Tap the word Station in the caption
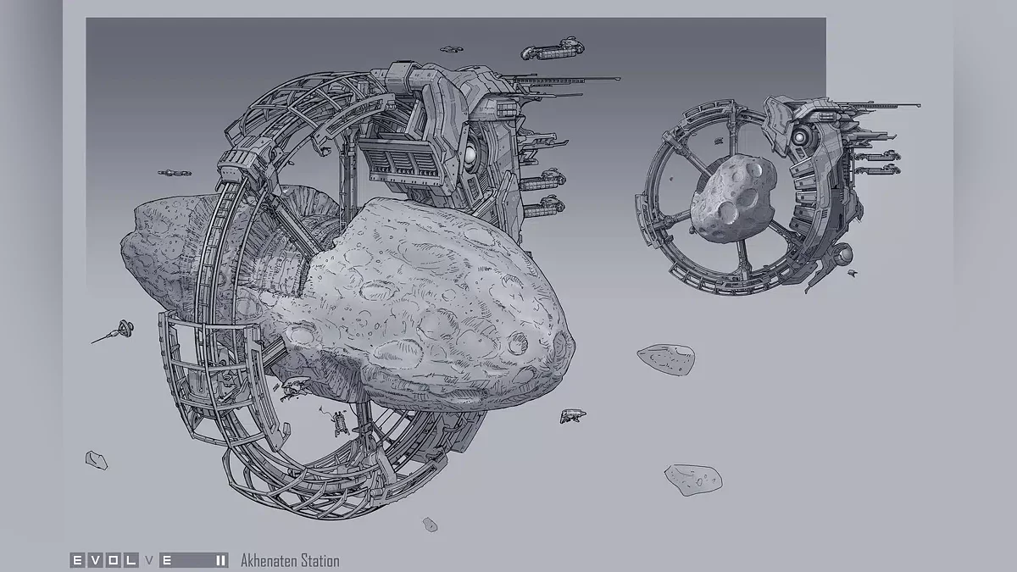pos(319,561)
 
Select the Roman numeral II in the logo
pos(221,560)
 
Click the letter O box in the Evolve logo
pos(114,560)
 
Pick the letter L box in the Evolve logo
pos(131,560)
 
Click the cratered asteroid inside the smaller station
pos(733,198)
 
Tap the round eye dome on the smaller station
pos(799,136)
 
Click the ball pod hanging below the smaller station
pos(843,255)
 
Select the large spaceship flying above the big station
pos(553,49)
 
